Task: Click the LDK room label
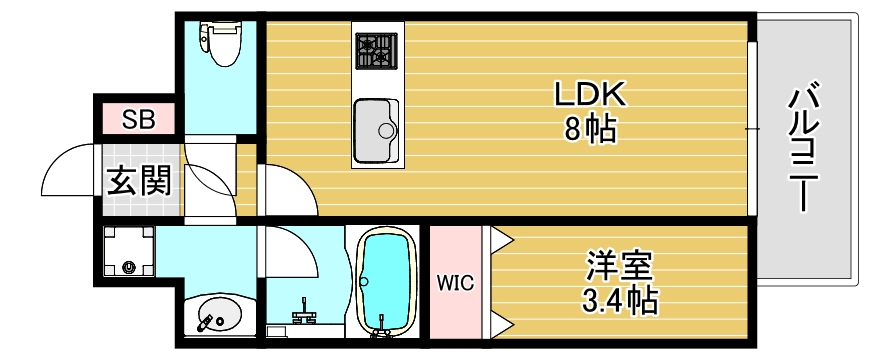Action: (x=590, y=96)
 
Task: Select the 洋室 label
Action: (x=619, y=267)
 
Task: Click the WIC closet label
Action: (x=455, y=282)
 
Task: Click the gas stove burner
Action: (x=376, y=50)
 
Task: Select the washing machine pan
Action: (x=129, y=254)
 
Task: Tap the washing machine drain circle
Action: (x=129, y=267)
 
